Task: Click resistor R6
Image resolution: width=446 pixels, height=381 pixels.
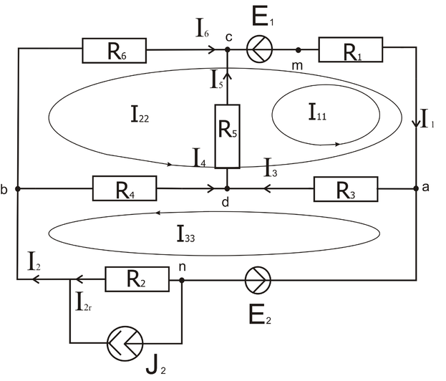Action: [x=115, y=50]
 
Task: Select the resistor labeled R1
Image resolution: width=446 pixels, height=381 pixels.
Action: [x=351, y=50]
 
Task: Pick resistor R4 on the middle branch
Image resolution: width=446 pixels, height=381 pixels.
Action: [x=124, y=189]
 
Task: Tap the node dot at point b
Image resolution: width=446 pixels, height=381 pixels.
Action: [x=17, y=189]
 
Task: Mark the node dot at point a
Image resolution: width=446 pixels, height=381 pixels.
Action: [x=416, y=189]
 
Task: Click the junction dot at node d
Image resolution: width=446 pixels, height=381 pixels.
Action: [x=227, y=189]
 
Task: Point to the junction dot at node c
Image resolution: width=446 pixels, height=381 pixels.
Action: [x=227, y=50]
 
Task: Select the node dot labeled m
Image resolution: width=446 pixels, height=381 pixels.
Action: [x=298, y=50]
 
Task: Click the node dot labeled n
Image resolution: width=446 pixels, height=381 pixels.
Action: [x=182, y=279]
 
